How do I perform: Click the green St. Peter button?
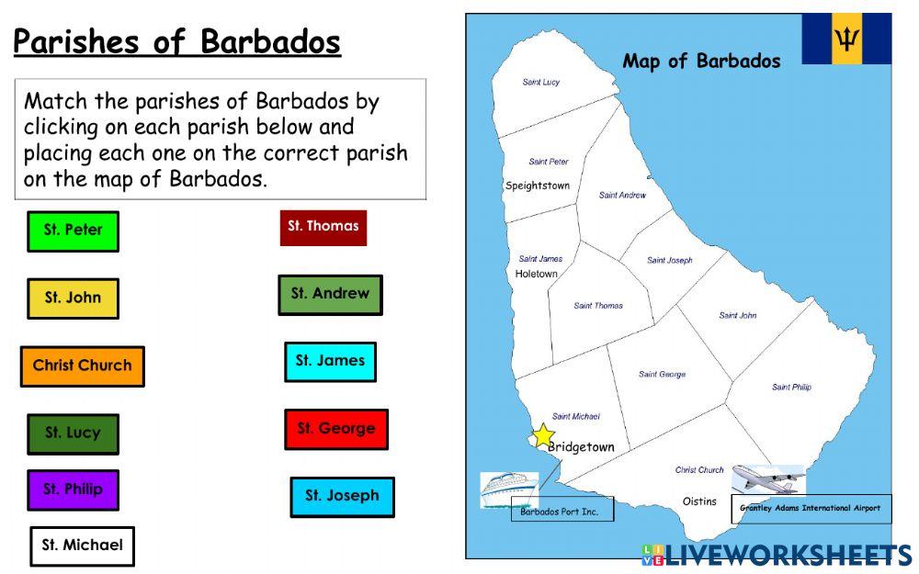pos(73,231)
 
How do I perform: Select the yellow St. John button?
pos(73,298)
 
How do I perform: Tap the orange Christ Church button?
pos(82,366)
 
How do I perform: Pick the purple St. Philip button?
pos(73,490)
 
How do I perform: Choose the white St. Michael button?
pos(82,546)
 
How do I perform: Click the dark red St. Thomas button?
pos(323,227)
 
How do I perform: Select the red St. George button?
pos(335,429)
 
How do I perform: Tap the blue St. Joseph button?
pos(342,496)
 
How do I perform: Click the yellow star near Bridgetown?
pos(544,435)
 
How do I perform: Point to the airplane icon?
pos(768,479)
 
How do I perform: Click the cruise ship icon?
pos(508,488)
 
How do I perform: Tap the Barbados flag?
pos(845,39)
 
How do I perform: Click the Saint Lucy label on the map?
pos(540,83)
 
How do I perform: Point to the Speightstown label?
pos(538,186)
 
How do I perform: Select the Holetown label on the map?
pos(536,274)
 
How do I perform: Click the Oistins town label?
pos(699,501)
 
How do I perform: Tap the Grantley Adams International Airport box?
pos(811,508)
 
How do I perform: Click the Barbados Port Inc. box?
pos(560,512)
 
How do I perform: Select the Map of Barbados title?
pos(701,62)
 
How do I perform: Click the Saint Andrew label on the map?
pos(622,195)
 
